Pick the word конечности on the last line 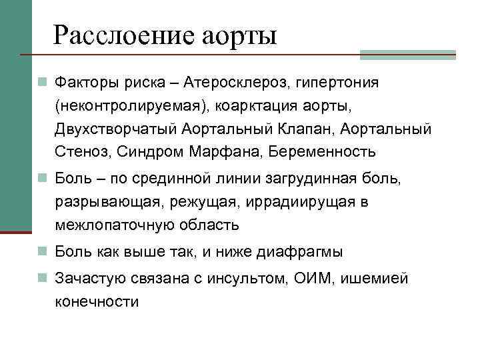(97, 301)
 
